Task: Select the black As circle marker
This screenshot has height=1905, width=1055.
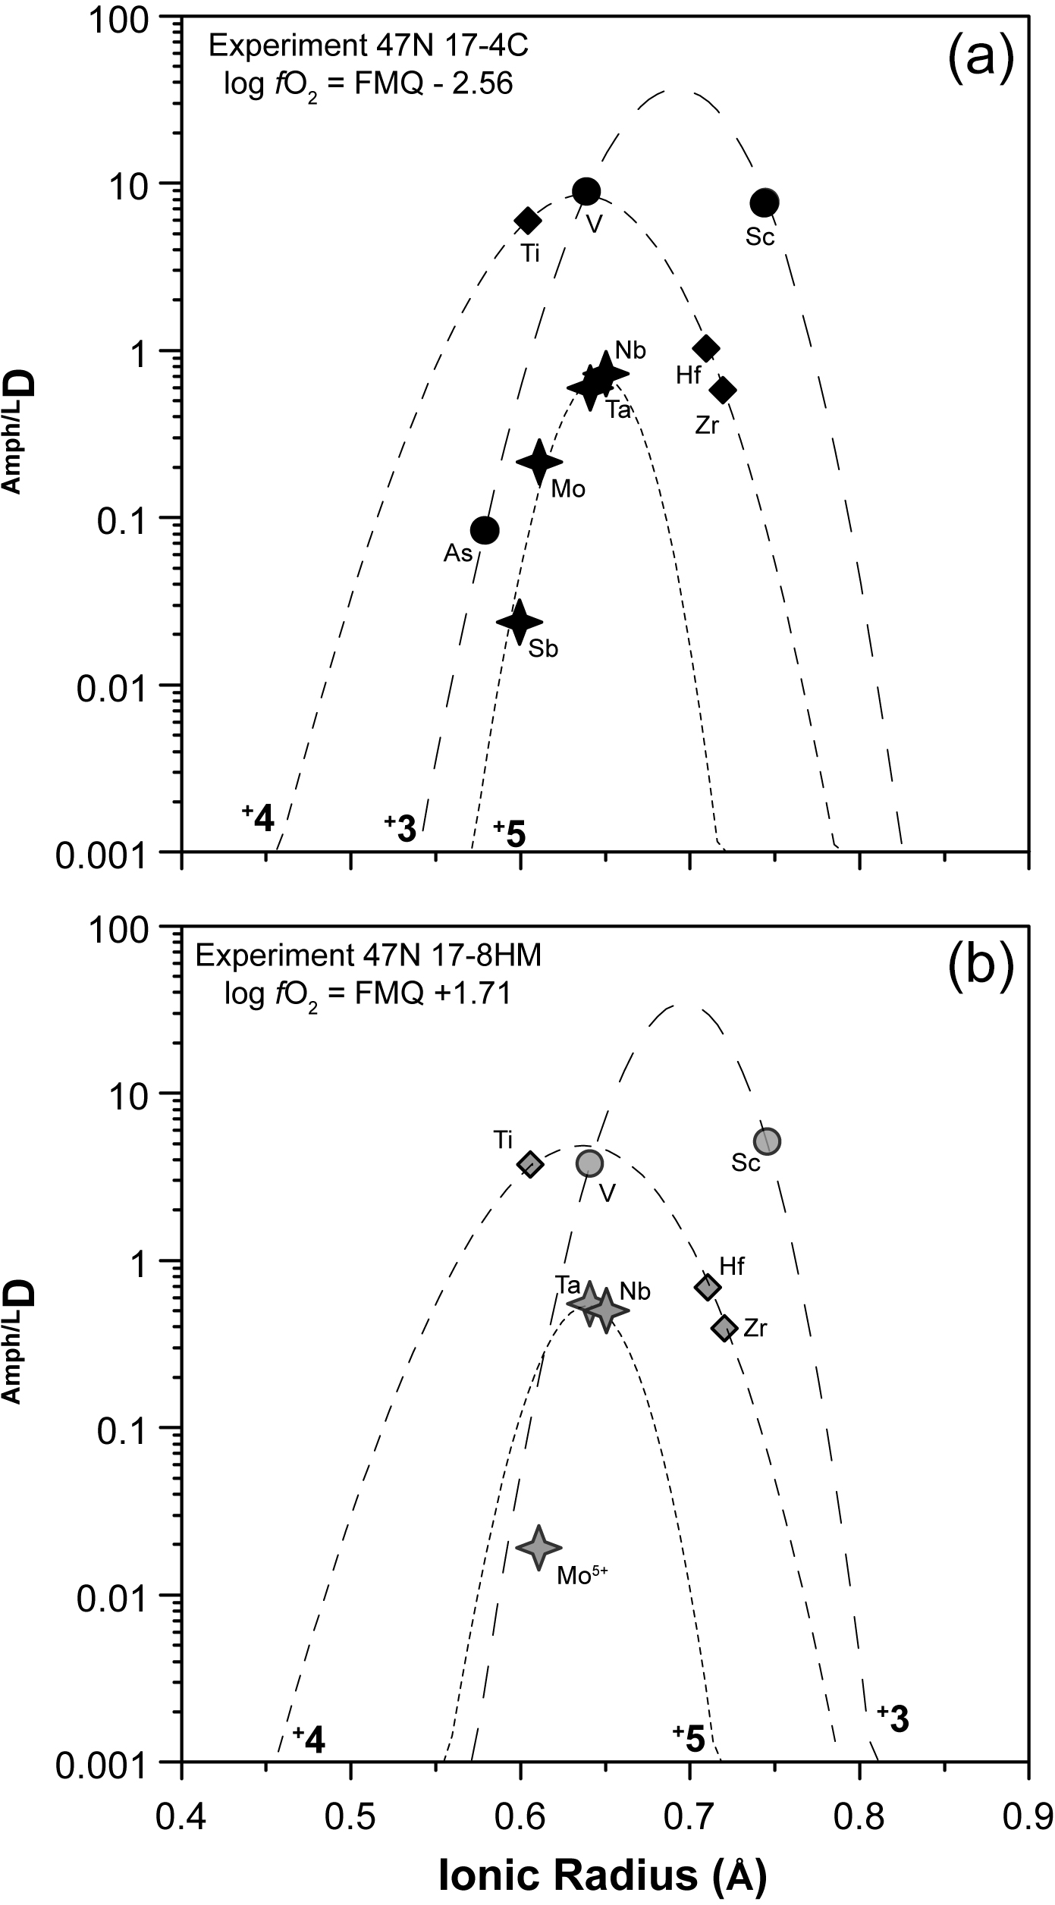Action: (x=485, y=530)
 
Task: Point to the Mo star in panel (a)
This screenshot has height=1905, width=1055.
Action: (x=538, y=462)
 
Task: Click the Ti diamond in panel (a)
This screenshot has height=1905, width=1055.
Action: (x=528, y=221)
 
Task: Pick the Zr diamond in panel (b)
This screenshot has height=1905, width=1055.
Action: (x=725, y=1327)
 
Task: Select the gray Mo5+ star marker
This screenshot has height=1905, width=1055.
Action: (x=538, y=1547)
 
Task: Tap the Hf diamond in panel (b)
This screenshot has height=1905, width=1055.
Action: (x=708, y=1286)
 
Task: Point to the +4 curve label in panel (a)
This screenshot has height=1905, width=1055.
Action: (x=258, y=818)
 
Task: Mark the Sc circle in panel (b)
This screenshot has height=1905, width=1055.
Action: (x=768, y=1140)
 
